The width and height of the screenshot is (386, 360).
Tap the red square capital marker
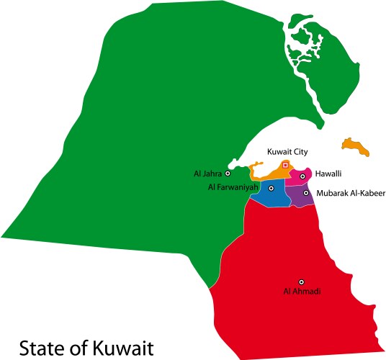285,165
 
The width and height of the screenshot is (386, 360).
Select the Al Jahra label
207,174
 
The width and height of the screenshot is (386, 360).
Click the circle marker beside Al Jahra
228,174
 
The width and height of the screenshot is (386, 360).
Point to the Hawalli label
328,174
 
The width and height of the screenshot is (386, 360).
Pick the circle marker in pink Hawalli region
303,176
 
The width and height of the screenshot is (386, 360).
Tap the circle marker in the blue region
271,188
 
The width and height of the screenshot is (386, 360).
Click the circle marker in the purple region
305,193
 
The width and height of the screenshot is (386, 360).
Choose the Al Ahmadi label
302,292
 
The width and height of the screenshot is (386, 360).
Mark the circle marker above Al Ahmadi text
302,282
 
